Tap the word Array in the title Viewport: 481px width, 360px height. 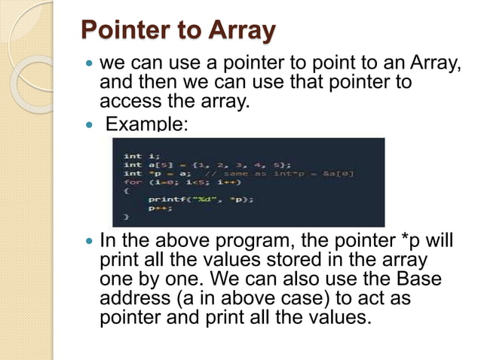coord(236,32)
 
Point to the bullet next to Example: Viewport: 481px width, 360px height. coord(90,124)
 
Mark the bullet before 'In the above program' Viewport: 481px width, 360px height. coord(90,243)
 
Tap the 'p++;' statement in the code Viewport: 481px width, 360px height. coord(154,208)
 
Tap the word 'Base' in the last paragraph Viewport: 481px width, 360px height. coord(420,279)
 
